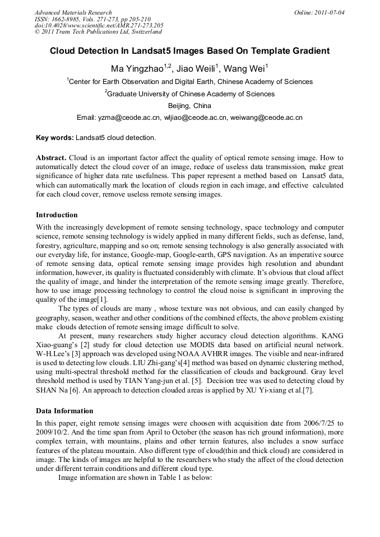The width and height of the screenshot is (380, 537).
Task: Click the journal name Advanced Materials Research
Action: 73,12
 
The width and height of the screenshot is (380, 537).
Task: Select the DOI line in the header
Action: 99,25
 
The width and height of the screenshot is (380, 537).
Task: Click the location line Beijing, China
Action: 189,105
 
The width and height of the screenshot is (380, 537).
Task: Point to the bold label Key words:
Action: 54,138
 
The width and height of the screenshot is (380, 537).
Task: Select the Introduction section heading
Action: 57,214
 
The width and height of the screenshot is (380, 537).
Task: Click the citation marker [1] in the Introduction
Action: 102,300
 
